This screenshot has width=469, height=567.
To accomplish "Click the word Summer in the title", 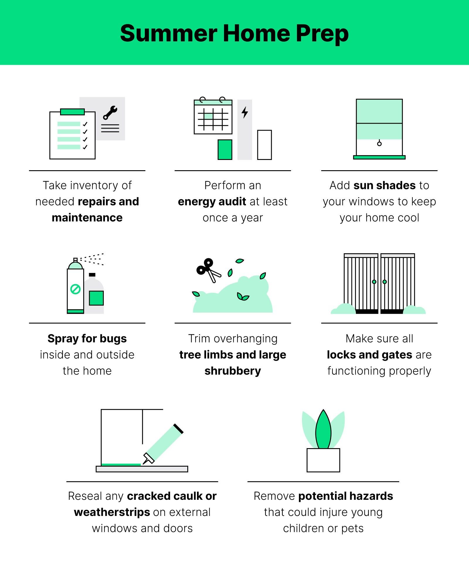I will tap(169, 33).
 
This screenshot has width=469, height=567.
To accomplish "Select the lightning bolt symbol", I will tap(245, 112).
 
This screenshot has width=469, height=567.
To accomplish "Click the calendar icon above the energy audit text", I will tap(213, 117).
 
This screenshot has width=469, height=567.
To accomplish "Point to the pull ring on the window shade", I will tap(379, 144).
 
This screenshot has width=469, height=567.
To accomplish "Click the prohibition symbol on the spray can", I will tap(75, 289).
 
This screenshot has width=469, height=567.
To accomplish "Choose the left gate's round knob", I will tap(374, 282).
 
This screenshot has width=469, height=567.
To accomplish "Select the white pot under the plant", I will tap(323, 460).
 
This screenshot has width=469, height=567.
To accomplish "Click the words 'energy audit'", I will tap(212, 202).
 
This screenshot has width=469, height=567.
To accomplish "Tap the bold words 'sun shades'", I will tap(385, 185).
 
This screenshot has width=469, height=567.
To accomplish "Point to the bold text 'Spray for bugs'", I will tap(87, 339).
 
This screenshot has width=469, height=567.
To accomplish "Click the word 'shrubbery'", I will tap(233, 371).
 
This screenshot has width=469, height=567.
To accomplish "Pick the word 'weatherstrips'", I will tap(112, 512).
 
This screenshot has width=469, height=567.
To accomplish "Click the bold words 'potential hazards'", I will tap(346, 496).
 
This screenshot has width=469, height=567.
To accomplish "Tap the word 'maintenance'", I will tap(87, 218).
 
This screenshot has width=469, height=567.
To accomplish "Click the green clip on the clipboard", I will tap(72, 112).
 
